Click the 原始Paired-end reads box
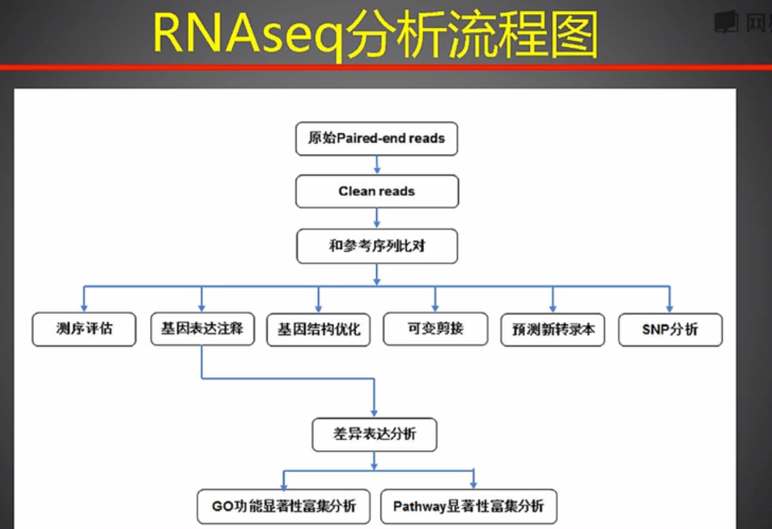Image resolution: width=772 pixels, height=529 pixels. point(376,138)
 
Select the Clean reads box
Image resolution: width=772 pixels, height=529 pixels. point(376,191)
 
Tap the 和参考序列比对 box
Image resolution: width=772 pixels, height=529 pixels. point(376,246)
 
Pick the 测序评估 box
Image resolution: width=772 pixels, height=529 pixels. point(84,329)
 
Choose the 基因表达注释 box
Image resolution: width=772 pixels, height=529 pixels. point(202,329)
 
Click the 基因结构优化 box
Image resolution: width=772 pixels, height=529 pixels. point(318,329)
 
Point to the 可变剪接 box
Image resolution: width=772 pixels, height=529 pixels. point(435,329)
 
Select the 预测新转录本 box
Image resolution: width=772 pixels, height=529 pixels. point(553,329)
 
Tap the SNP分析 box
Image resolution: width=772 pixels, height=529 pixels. point(670,329)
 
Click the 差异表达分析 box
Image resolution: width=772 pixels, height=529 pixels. point(374,434)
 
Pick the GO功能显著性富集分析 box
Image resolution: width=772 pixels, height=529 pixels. point(283,506)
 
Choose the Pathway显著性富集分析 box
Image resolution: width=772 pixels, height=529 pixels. point(468,506)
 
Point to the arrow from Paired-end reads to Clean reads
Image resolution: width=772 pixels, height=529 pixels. point(377,165)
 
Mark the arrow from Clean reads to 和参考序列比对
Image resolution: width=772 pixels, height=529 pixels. point(377,218)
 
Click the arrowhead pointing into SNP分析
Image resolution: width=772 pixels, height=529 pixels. point(670,308)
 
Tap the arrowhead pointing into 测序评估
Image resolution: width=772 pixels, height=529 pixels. point(84,308)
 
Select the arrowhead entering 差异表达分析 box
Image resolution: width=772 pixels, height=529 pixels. point(374,413)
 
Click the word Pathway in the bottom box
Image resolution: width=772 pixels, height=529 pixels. point(419,506)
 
